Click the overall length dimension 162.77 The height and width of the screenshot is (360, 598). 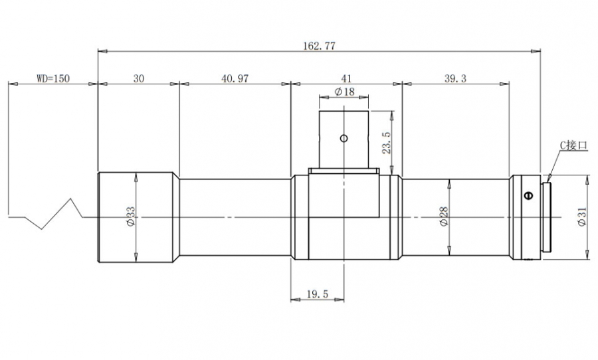pyautogui.click(x=319, y=46)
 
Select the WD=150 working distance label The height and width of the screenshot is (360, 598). pyautogui.click(x=53, y=78)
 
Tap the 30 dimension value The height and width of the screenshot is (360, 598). pyautogui.click(x=139, y=78)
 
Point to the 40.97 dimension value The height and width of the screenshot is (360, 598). pyautogui.click(x=235, y=78)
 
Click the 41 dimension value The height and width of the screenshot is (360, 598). pyautogui.click(x=346, y=78)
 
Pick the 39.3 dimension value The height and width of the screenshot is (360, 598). pyautogui.click(x=455, y=78)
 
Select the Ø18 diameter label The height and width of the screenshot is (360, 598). pyautogui.click(x=344, y=92)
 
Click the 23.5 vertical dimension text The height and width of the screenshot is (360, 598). pyautogui.click(x=386, y=143)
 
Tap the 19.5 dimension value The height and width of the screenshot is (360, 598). pyautogui.click(x=318, y=294)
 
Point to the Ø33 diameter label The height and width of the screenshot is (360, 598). pyautogui.click(x=130, y=217)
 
